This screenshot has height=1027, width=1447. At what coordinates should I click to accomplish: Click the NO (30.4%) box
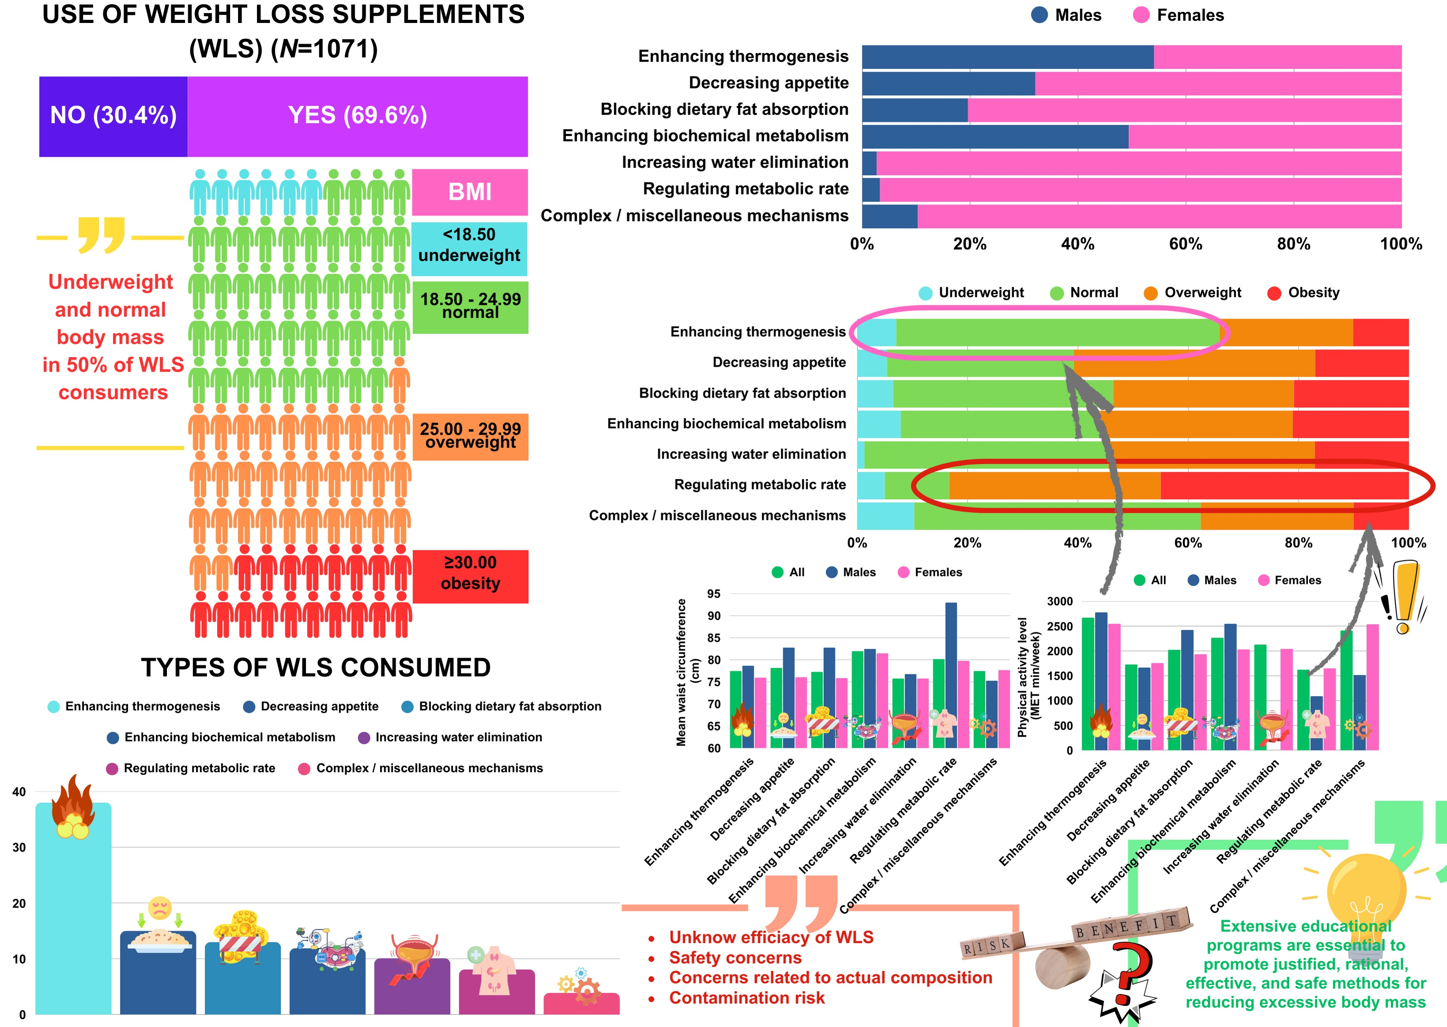point(113,116)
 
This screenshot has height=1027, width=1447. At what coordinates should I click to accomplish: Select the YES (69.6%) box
point(357,116)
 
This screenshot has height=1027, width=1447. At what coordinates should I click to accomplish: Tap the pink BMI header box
point(470,192)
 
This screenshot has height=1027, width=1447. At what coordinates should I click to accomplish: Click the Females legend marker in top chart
point(1141,15)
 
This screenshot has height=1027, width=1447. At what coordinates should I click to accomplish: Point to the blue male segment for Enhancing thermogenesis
point(1007,57)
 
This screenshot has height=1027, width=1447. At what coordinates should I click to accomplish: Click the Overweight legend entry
point(1194,293)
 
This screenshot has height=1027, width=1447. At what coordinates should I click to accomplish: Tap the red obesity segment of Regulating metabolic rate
point(1283,485)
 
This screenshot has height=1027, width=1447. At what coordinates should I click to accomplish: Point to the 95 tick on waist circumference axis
point(714,594)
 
